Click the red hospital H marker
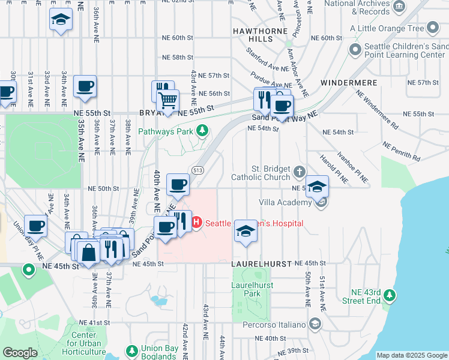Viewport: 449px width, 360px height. click(x=196, y=223)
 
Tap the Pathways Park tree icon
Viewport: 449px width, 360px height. click(x=203, y=130)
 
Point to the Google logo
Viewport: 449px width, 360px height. click(x=20, y=353)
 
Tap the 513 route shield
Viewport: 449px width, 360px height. click(x=196, y=170)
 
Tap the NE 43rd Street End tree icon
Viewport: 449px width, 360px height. click(x=390, y=295)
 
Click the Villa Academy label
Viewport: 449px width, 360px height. click(x=285, y=202)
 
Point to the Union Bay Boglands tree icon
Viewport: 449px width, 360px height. click(x=132, y=350)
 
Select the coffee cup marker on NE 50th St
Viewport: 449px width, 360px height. click(x=176, y=184)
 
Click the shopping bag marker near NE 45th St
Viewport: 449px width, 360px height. click(x=88, y=253)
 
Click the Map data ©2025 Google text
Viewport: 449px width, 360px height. click(x=411, y=355)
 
